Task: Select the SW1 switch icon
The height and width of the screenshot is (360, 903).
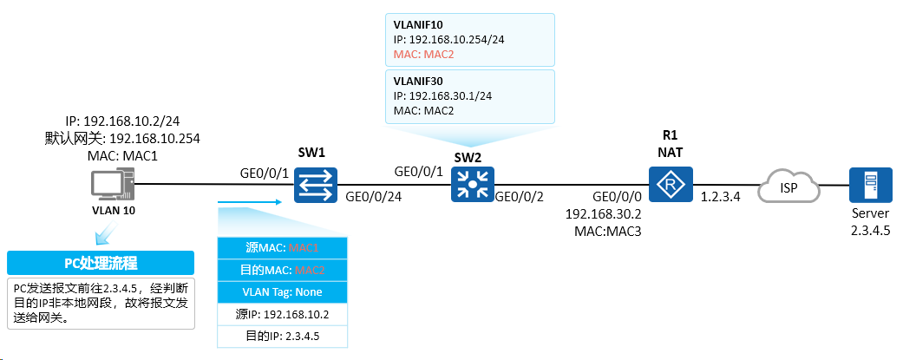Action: click(x=316, y=185)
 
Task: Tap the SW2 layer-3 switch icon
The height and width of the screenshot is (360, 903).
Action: click(x=472, y=185)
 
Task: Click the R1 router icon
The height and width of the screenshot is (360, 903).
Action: click(x=671, y=185)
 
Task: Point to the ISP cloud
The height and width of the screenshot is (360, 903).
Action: click(x=789, y=187)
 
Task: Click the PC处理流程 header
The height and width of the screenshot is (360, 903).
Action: click(x=101, y=263)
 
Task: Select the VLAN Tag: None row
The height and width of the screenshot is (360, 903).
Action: click(x=282, y=292)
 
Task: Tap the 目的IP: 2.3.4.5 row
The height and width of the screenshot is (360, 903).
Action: click(x=282, y=337)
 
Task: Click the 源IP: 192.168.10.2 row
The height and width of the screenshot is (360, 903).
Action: click(x=282, y=315)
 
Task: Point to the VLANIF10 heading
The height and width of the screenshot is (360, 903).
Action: click(x=417, y=25)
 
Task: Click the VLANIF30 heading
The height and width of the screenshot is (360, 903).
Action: click(x=417, y=82)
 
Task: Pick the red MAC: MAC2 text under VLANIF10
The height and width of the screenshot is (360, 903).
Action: click(x=423, y=55)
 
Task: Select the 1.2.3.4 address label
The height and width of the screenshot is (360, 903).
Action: click(x=721, y=196)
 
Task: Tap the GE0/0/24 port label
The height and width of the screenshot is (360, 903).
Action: click(x=373, y=196)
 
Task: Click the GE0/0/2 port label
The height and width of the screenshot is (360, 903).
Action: click(x=520, y=196)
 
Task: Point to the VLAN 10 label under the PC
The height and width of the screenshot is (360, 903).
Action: click(x=114, y=211)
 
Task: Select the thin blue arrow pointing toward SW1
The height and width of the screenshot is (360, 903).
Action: click(x=251, y=201)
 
